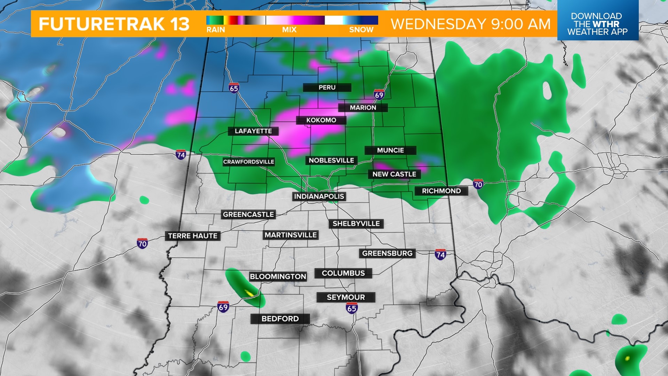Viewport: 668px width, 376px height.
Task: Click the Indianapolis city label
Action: pos(319,196)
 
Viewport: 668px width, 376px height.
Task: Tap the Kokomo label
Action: pos(321,120)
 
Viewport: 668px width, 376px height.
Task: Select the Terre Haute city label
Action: pos(193,236)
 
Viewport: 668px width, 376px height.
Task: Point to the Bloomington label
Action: pos(278,276)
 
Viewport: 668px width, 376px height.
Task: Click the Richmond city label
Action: pos(441,191)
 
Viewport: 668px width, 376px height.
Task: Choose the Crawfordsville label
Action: pos(248,162)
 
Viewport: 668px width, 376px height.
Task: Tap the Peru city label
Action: pos(327,87)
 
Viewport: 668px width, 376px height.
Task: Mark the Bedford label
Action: pos(280,319)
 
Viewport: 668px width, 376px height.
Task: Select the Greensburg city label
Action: pos(387,253)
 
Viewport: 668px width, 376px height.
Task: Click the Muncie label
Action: pos(390,150)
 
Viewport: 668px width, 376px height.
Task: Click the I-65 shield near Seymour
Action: pos(352,308)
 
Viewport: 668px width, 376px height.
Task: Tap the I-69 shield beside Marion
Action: pos(379,94)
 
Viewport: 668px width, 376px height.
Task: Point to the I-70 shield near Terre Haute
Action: pos(142,243)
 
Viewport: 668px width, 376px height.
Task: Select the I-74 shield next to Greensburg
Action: pos(440,254)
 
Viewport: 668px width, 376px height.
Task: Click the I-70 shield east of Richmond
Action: pos(478,184)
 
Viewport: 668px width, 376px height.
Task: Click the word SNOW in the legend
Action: pos(361,30)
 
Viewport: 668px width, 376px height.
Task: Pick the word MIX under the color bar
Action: pos(289,30)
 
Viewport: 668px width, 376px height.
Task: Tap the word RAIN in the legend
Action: pos(216,30)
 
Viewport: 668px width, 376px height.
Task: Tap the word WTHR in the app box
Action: pos(606,24)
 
